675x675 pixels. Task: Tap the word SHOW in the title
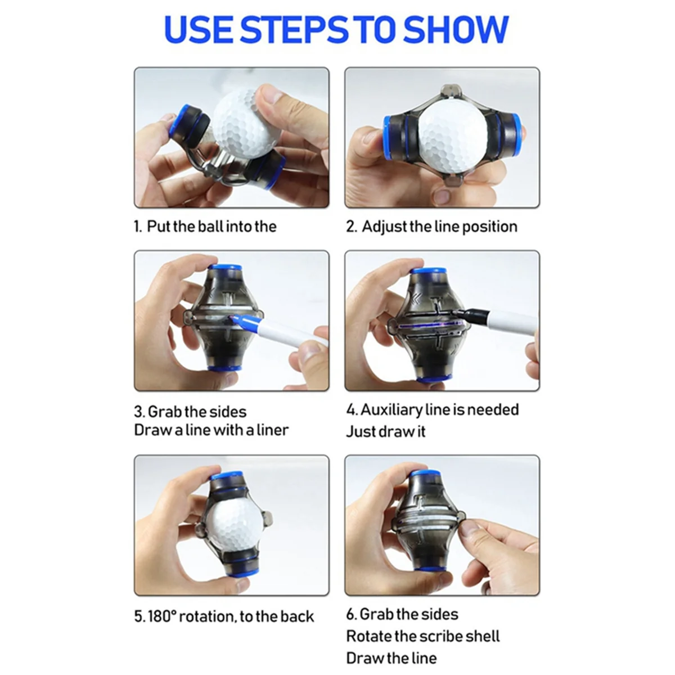[x=457, y=29]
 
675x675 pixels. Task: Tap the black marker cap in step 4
[x=469, y=313]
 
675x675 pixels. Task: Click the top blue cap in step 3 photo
[x=225, y=268]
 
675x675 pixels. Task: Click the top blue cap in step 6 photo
[x=426, y=474]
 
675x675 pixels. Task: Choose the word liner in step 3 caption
[x=272, y=430]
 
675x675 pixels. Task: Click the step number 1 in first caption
[x=137, y=227]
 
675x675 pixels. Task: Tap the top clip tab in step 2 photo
[x=452, y=91]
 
